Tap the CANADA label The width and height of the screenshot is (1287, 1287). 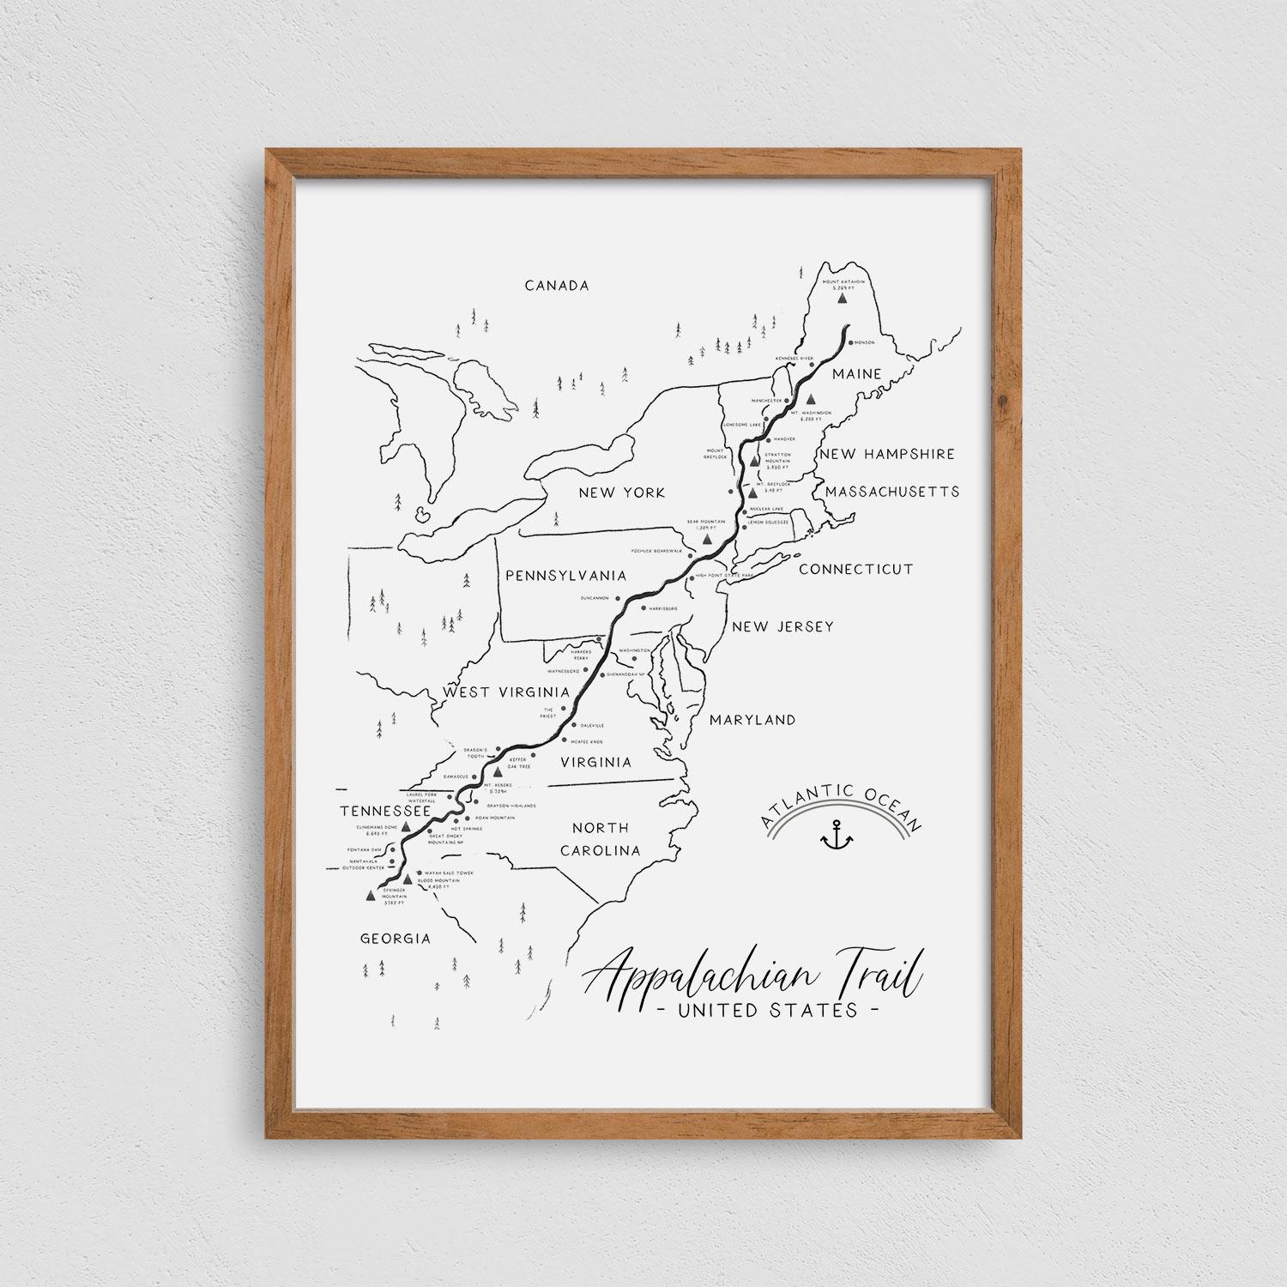557,285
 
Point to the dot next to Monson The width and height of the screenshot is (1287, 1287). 850,342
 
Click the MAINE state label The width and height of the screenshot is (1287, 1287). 856,374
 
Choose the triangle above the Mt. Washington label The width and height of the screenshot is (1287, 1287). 811,399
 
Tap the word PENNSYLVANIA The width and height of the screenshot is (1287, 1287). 565,576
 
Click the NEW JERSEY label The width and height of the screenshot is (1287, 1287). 782,626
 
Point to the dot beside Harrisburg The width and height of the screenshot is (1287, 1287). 643,607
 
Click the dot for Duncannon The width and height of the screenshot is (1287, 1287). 618,597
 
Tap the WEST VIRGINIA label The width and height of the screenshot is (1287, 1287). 506,692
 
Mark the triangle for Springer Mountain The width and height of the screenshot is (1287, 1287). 370,896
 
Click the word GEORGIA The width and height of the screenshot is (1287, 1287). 395,939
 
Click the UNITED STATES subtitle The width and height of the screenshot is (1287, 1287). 767,1010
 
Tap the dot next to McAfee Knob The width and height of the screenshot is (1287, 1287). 564,740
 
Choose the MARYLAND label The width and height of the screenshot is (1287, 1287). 752,720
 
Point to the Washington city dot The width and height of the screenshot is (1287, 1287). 635,659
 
